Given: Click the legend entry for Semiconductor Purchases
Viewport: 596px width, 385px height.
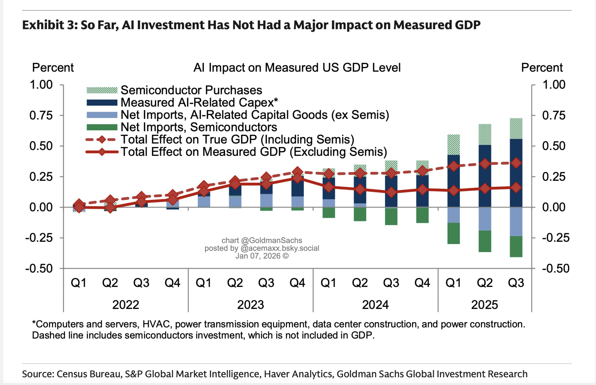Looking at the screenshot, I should coord(191,90).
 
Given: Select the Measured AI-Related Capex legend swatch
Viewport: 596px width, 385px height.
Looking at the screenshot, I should coord(102,102).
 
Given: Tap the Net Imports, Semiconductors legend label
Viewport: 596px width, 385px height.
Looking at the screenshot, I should coord(199,127).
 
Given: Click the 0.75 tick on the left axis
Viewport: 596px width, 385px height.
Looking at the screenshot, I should coord(41,115).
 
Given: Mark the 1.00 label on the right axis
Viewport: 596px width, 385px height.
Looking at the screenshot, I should coord(554,85).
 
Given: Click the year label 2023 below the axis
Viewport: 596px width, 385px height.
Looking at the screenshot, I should coord(250,305).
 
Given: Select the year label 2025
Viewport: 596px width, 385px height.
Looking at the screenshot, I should coord(485,305).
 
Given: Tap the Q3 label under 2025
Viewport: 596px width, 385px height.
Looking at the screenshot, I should coord(516,283).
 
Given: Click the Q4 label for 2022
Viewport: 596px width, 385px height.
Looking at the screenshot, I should coord(173,283).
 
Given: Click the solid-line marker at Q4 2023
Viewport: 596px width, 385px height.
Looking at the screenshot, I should coord(297,178).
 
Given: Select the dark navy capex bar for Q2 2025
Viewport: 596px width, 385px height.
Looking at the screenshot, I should coord(485,175).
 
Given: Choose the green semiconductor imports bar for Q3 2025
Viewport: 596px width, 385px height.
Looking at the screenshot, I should coord(516,247).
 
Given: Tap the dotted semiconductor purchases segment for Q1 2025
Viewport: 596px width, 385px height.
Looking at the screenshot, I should coord(454,145).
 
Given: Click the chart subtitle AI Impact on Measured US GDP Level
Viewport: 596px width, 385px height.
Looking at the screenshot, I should coord(297,68).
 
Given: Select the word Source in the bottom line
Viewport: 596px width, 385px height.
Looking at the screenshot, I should coord(37,374).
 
